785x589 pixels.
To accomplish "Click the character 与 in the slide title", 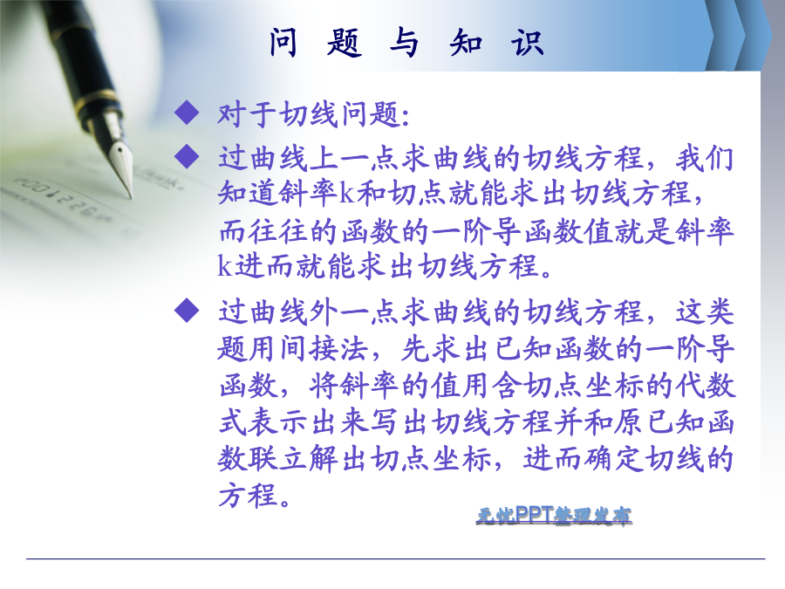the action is tap(405, 42).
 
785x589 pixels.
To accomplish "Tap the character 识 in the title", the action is tap(528, 42).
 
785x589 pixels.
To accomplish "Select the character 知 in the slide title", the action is tap(466, 42).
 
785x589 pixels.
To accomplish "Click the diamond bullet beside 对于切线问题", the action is tap(187, 112).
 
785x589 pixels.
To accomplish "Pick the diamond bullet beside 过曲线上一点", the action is tap(187, 156).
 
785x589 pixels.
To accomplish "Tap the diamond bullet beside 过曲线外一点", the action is tap(187, 311).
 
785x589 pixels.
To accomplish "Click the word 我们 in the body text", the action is tap(705, 158).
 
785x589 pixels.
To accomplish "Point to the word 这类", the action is tap(705, 312).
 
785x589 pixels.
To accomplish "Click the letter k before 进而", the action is tap(225, 265).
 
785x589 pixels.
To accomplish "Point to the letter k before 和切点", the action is tap(347, 193).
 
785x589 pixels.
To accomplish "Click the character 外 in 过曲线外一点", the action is tap(324, 312).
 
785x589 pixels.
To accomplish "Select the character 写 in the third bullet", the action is tap(386, 422).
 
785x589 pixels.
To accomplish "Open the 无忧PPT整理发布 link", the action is tap(554, 515).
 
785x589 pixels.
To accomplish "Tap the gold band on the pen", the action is tap(98, 99).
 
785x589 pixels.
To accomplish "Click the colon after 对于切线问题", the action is tap(406, 116).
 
